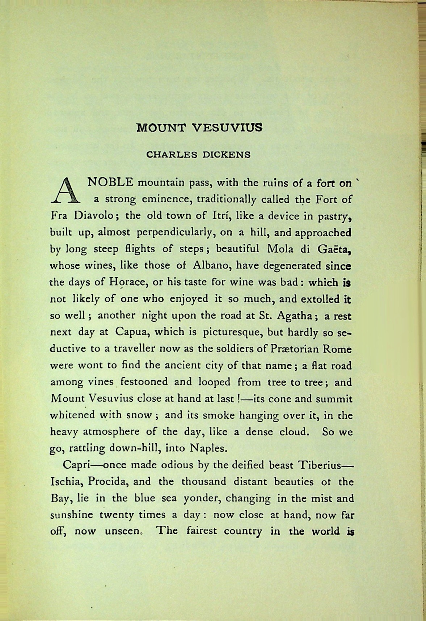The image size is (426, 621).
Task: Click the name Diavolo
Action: tap(95, 216)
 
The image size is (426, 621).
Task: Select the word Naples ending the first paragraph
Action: tap(208, 448)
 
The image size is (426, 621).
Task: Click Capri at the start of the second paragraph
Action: tap(75, 465)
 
